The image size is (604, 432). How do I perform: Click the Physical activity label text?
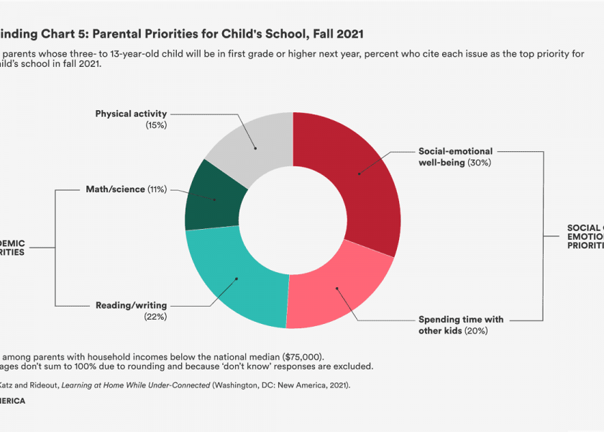pyautogui.click(x=131, y=114)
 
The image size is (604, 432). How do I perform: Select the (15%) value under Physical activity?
pyautogui.click(x=155, y=125)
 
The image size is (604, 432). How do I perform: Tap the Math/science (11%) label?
pyautogui.click(x=126, y=189)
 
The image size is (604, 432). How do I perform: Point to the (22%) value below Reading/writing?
pyautogui.click(x=155, y=317)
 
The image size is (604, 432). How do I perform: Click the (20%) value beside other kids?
pyautogui.click(x=476, y=330)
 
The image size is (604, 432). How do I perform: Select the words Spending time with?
pyautogui.click(x=461, y=320)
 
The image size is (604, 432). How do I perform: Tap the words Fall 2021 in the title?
pyautogui.click(x=337, y=33)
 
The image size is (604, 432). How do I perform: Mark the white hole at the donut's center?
pyautogui.click(x=293, y=220)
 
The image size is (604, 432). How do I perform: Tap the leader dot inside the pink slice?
pyautogui.click(x=336, y=288)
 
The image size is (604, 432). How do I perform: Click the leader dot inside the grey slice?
pyautogui.click(x=255, y=149)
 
